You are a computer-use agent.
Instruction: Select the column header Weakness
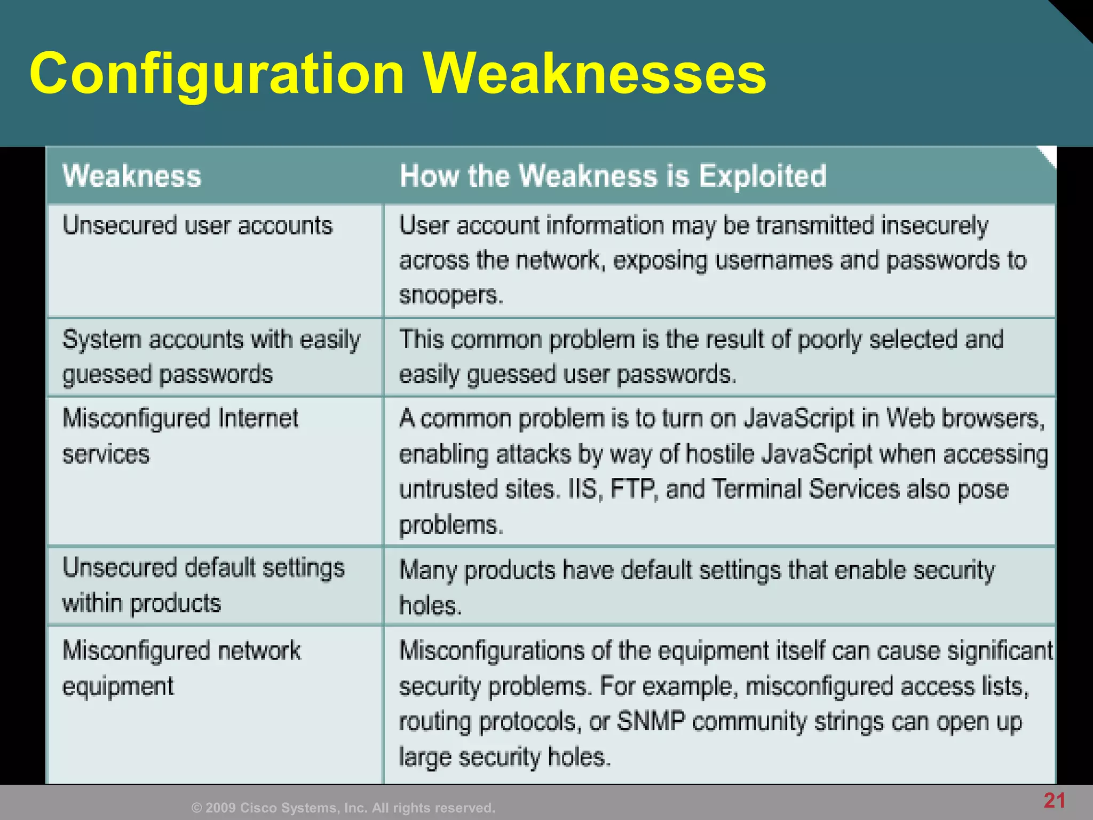(132, 176)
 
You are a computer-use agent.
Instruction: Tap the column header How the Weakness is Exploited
(613, 176)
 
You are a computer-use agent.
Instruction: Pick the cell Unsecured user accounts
(197, 225)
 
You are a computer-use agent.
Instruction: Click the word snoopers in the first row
(450, 295)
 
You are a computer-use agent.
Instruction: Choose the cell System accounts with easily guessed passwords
(211, 357)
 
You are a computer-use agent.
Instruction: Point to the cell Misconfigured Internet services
(180, 436)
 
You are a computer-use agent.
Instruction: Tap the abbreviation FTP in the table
(633, 489)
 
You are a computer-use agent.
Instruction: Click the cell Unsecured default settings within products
(203, 585)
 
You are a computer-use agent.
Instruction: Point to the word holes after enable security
(430, 606)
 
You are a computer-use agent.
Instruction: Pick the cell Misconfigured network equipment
(181, 668)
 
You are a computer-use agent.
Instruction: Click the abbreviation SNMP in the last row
(651, 722)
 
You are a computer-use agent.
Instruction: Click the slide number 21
(1055, 801)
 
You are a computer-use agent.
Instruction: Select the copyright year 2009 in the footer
(220, 808)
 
